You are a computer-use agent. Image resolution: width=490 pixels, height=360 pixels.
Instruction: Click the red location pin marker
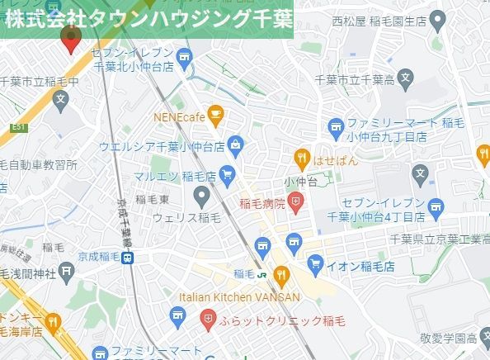pos(71,40)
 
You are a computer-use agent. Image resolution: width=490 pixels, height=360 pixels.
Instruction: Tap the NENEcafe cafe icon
pos(216,116)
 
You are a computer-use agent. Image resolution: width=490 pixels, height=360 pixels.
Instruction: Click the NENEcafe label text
pos(177,116)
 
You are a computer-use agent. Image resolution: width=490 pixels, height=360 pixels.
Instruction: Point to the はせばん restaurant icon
pos(302,158)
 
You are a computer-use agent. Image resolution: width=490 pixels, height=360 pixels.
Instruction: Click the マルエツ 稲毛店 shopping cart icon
pos(228,174)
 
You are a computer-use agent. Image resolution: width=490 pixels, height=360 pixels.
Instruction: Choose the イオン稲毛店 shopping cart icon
pos(314,264)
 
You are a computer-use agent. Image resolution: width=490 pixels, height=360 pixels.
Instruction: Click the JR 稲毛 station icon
pos(261,273)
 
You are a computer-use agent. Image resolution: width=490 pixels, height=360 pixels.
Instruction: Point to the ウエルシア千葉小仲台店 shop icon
pos(237,145)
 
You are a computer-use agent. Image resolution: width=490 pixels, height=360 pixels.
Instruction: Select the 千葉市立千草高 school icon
pos(404,80)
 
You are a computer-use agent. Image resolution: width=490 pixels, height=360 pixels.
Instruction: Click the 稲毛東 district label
pos(153,200)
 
